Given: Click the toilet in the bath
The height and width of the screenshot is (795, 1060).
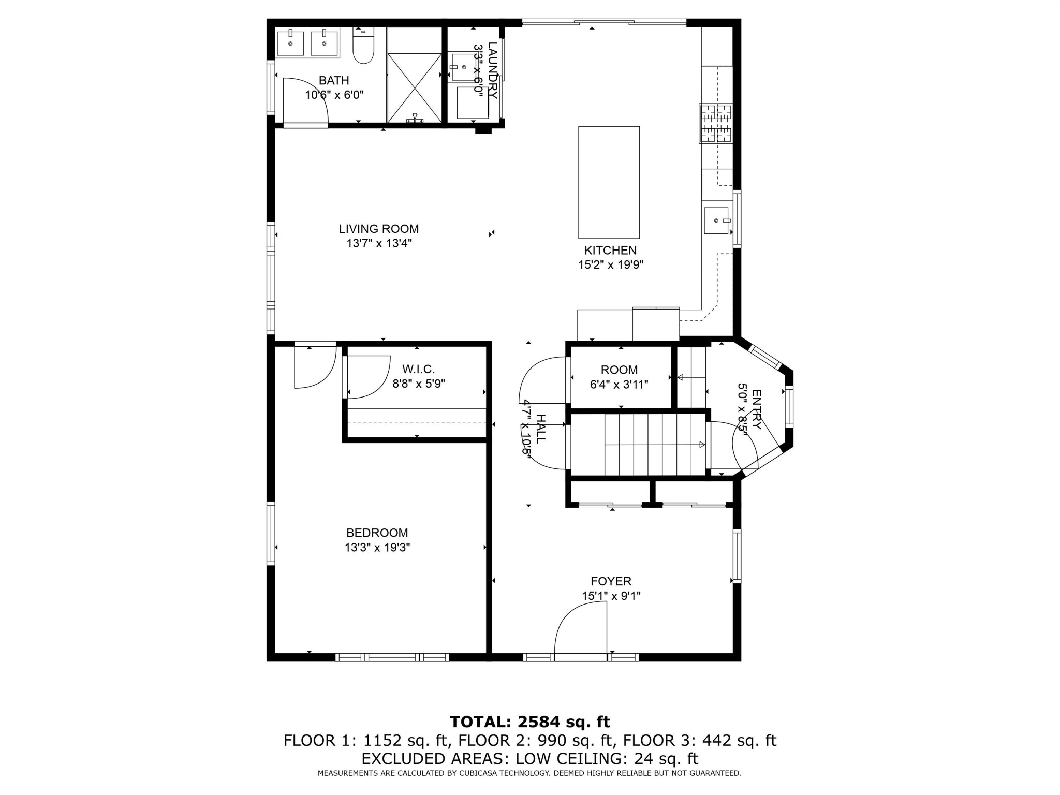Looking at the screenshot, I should coord(363,48).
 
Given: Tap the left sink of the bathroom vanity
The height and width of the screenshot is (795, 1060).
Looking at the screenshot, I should coord(290,43).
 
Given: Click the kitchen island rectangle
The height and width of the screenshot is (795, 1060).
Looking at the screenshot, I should coord(609,182).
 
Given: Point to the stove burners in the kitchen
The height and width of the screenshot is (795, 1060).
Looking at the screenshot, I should coord(716,124).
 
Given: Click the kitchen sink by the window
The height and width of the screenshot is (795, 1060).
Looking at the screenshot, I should coord(716,220).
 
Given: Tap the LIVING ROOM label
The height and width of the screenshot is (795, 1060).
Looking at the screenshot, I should coord(379,229).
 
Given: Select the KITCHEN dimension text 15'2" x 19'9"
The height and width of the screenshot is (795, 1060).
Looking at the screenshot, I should coord(611,265).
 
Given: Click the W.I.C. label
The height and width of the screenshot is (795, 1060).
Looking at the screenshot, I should coord(419,369).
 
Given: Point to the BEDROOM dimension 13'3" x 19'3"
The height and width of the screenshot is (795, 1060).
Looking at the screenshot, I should coord(377,548).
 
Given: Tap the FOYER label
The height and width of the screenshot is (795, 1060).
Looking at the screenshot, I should coord(611,581).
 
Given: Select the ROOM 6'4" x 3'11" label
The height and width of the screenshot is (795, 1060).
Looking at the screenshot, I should coord(619,377).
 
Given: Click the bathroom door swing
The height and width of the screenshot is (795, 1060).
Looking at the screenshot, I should coord(305,101).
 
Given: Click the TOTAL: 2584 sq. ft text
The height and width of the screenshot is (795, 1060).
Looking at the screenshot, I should coord(529,722).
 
